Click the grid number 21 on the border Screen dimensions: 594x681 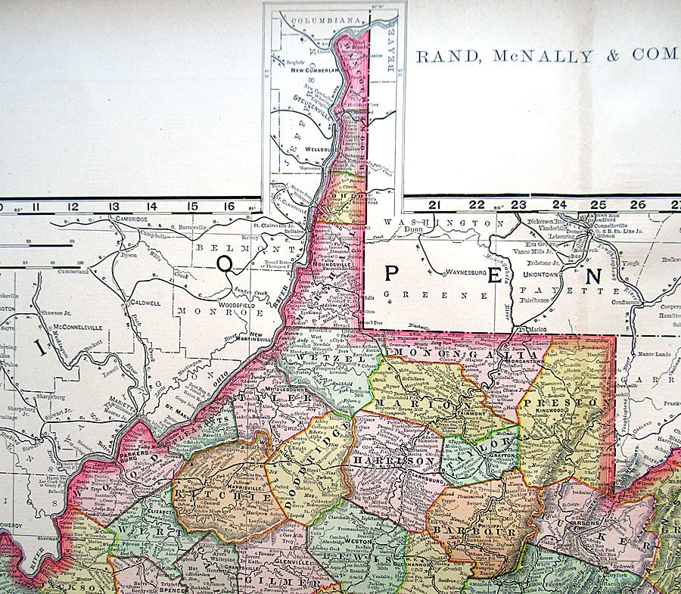click(x=434, y=204)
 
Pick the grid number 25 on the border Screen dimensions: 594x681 click(x=598, y=204)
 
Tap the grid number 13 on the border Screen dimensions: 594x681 click(x=113, y=205)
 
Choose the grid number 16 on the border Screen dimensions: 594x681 click(x=231, y=205)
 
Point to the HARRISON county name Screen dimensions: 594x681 click(x=390, y=460)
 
